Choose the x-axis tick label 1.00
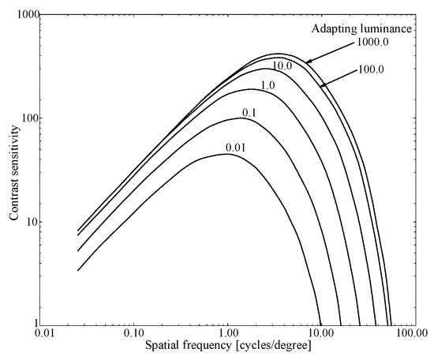coord(227,334)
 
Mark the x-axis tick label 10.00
coord(318,334)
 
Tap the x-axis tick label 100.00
coord(408,334)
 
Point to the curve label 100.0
coord(372,70)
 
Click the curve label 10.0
coord(283,65)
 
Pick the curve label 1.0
coord(268,85)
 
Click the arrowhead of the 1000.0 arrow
coord(306,61)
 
